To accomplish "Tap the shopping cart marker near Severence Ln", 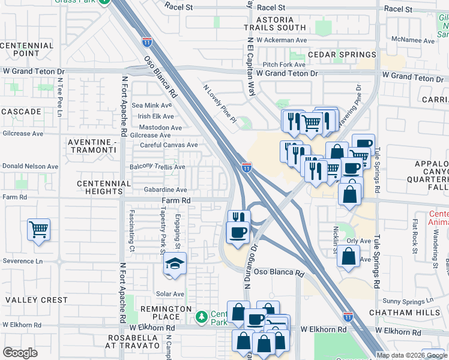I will (x=38, y=229).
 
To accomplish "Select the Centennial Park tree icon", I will (x=202, y=316).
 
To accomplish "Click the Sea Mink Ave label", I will (x=156, y=106).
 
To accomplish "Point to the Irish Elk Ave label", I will (x=156, y=116).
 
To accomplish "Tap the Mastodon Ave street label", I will (x=160, y=128).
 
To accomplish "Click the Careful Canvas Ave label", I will (x=169, y=145).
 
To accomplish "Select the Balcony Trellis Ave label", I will (x=158, y=167).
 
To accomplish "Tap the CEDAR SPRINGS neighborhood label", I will (x=342, y=55).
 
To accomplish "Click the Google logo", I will (x=20, y=353).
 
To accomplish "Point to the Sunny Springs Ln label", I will (x=408, y=301).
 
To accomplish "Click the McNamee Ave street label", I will (x=412, y=41).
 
